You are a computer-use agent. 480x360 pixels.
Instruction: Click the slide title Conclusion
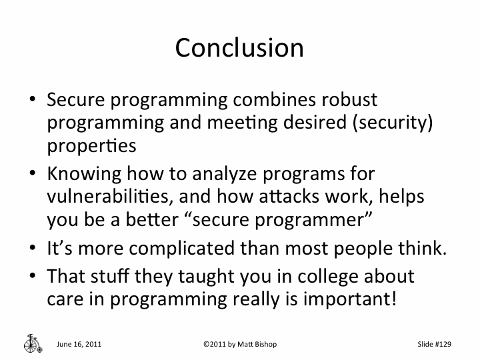coord(239,48)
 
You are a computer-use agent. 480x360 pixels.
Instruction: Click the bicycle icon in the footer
coord(32,342)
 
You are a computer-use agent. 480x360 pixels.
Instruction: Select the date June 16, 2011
coord(79,344)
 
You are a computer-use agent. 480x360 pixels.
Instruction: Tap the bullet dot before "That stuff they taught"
coord(32,276)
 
